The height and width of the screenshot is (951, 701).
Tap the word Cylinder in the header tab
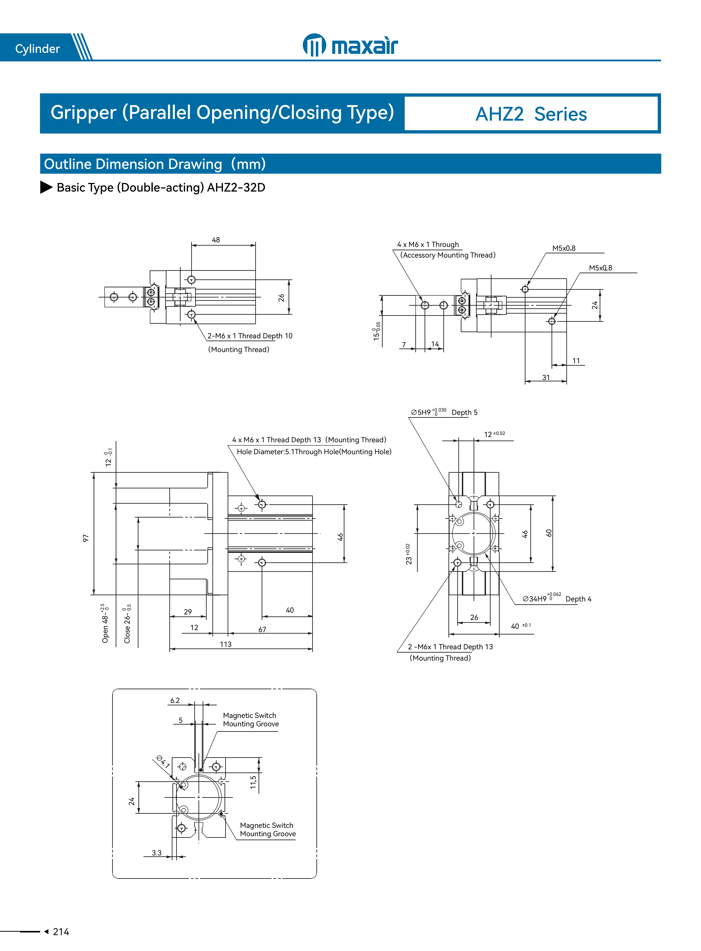point(37,49)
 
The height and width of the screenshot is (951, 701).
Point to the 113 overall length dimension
point(225,644)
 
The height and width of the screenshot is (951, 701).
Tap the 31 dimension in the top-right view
point(546,377)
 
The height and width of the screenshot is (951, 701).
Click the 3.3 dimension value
point(157,853)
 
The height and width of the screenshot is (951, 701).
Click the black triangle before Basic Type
point(46,187)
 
